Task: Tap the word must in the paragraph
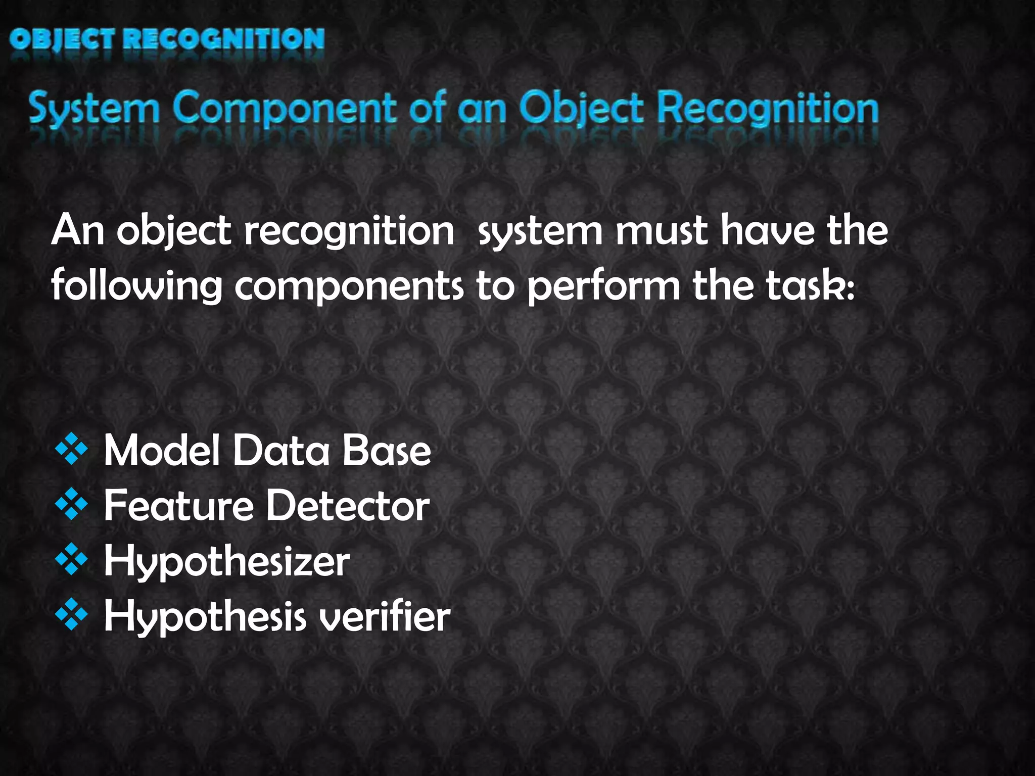pyautogui.click(x=662, y=230)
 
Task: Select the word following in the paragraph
pyautogui.click(x=136, y=286)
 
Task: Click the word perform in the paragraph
pyautogui.click(x=603, y=286)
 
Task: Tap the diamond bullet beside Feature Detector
pyautogui.click(x=72, y=504)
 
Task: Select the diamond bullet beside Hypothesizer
pyautogui.click(x=72, y=560)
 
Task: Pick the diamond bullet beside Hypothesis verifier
pyautogui.click(x=72, y=615)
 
